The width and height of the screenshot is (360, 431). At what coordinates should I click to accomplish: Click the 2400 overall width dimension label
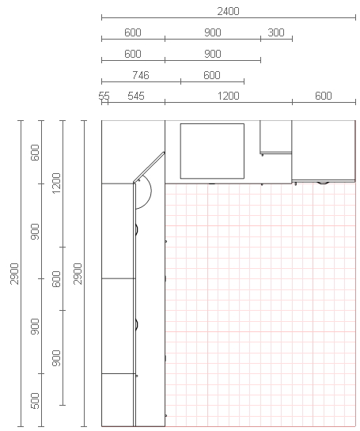228,11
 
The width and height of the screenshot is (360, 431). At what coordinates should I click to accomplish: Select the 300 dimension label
276,32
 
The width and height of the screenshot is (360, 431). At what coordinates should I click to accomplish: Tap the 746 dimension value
141,75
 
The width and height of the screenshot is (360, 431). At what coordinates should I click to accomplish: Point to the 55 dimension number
104,96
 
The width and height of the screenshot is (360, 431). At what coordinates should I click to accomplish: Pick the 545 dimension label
136,96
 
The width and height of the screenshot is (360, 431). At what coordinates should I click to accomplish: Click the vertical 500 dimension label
35,401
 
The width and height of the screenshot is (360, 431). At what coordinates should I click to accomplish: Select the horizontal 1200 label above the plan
229,96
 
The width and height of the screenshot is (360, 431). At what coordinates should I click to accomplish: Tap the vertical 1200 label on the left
56,183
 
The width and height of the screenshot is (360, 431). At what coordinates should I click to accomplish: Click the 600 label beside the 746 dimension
212,75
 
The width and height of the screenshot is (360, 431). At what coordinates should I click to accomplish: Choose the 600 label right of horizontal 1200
323,96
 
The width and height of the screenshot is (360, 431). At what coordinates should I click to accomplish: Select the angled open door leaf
149,167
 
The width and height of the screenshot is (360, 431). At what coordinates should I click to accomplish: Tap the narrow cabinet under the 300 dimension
275,137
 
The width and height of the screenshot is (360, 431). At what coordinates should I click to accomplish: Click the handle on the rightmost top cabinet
323,182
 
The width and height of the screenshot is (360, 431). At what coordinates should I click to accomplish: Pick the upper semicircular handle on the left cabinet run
137,229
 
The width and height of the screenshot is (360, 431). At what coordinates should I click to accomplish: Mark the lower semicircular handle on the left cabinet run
137,325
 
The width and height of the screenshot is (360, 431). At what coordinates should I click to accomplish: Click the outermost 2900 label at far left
14,274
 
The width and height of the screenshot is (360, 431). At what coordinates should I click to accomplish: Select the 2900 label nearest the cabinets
78,274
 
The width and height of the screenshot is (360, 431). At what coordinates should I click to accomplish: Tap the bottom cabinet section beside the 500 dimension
118,400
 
